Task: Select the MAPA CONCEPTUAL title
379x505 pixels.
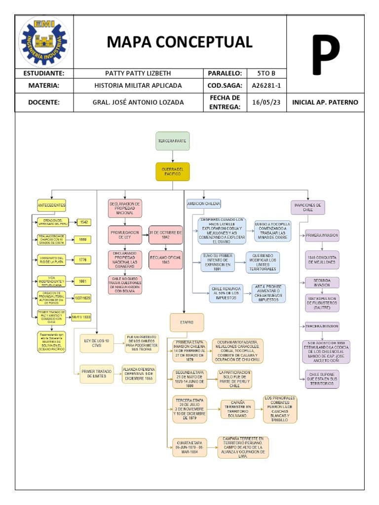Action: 180,42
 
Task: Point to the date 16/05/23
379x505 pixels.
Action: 266,102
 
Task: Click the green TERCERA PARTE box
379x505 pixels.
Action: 172,141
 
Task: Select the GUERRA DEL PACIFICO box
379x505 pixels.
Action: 172,172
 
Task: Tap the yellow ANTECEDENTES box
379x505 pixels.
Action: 51,205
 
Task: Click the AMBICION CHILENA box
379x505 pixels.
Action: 204,203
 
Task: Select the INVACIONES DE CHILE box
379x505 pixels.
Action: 307,207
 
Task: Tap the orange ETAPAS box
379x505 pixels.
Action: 183,322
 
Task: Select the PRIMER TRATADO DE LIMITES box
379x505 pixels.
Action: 97,374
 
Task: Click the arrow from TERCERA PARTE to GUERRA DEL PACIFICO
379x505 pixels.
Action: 172,156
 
